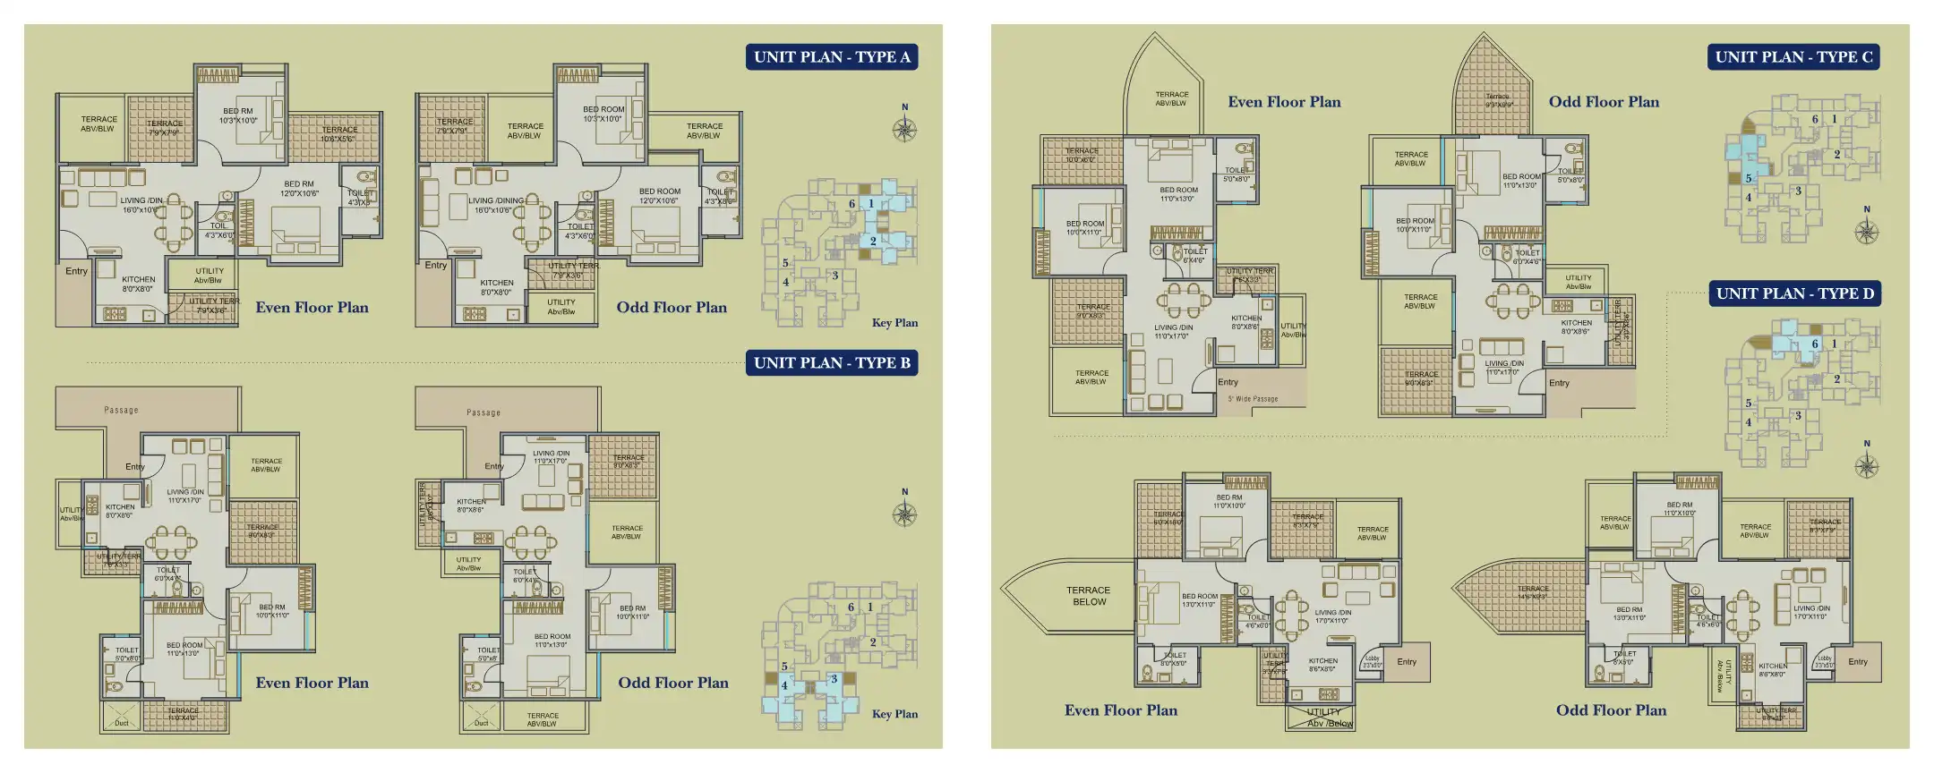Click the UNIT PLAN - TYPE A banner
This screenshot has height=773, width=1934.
coord(832,57)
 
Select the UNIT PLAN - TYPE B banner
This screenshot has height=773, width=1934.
coord(832,362)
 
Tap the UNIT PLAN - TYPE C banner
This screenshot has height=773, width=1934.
coord(1793,57)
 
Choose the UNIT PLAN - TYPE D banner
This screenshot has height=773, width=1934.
coord(1794,293)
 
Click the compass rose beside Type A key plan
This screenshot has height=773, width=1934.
coord(904,129)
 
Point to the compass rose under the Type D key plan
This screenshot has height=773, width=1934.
coord(1867,465)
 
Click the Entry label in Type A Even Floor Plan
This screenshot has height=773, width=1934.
coord(76,271)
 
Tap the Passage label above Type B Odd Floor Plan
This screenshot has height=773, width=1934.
coord(483,412)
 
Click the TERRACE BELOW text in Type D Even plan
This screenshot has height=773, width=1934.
coord(1089,596)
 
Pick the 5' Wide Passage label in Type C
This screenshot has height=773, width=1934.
coord(1253,399)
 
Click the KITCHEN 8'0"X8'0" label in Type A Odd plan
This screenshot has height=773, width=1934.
coord(496,287)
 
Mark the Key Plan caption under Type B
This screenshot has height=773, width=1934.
coord(894,714)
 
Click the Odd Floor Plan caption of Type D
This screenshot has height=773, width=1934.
coord(1611,710)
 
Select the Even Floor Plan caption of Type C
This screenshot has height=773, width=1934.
coord(1284,102)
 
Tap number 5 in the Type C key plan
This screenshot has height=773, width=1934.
coord(1748,178)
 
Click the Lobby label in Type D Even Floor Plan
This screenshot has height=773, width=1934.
coord(1373,660)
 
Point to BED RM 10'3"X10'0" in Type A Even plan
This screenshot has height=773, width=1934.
coord(237,115)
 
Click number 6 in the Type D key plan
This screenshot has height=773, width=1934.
coord(1815,344)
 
